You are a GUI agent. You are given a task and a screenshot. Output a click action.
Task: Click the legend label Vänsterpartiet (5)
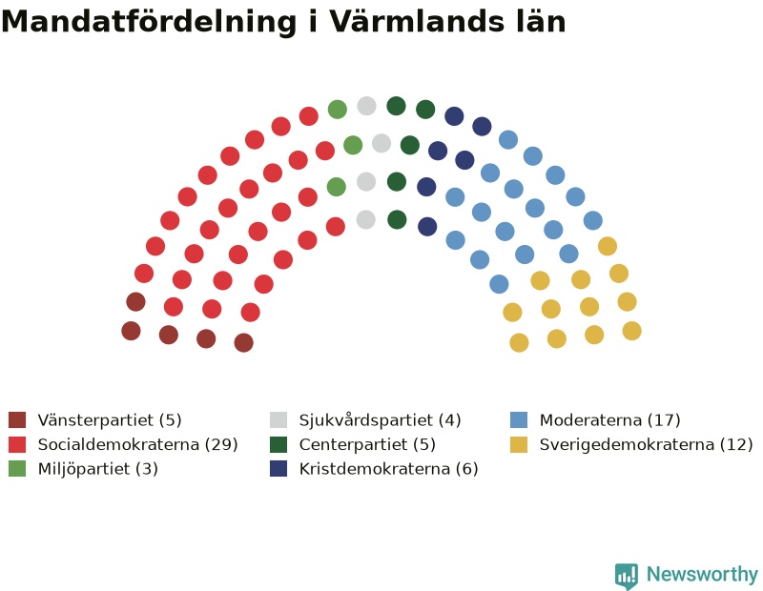point(110,419)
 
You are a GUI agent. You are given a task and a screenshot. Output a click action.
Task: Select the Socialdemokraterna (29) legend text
point(137,444)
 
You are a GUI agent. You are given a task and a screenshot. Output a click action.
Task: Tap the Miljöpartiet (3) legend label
point(98,469)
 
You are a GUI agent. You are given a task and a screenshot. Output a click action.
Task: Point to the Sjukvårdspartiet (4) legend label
point(380,419)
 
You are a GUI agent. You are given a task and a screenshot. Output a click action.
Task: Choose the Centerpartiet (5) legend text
point(367,444)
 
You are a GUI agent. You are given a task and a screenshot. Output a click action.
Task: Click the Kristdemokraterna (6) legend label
point(389,469)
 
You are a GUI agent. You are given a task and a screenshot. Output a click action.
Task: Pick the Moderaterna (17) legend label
point(610,419)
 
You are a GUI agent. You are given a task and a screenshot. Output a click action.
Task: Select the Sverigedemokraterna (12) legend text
point(647,444)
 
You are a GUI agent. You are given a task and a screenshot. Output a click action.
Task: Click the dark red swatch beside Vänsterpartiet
point(17,419)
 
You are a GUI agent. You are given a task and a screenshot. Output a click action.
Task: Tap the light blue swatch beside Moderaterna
point(519,419)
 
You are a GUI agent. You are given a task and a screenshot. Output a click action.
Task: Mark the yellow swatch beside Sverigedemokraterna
point(519,444)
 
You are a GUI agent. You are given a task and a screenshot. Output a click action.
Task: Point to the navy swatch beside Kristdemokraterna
point(278,468)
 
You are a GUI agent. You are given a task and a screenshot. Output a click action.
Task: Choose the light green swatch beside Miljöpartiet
point(17,468)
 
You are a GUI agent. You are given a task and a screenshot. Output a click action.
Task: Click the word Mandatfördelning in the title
point(149,21)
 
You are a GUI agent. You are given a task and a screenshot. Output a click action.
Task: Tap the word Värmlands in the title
point(417,21)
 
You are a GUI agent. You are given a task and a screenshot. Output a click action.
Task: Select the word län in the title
point(542,21)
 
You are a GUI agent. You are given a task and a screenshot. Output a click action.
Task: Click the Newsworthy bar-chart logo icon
point(627,576)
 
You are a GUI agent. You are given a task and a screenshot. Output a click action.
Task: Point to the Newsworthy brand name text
point(702,574)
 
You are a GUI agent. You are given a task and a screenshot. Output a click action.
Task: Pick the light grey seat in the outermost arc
point(367,106)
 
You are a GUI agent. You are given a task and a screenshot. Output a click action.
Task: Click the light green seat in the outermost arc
point(338,109)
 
